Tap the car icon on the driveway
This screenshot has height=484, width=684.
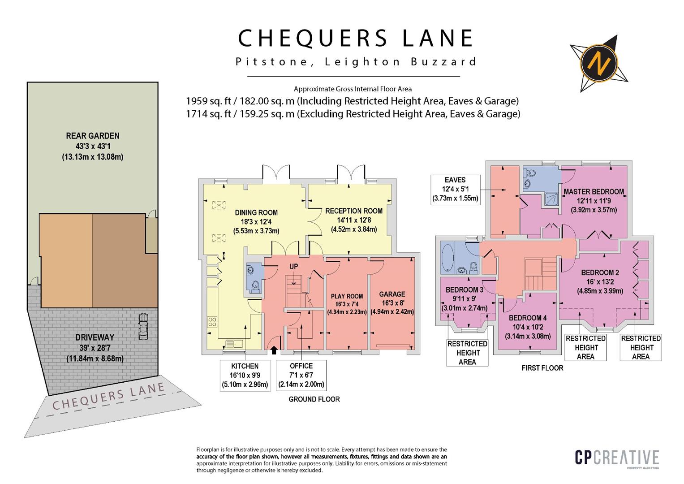coord(143,326)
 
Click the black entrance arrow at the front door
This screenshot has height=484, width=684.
coord(274,350)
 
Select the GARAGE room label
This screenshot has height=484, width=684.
coord(392,294)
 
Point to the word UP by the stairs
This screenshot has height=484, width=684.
coord(293,267)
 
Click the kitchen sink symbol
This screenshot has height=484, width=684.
coord(234,344)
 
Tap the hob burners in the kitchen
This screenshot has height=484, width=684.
coord(212,321)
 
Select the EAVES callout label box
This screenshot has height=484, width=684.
coord(455,189)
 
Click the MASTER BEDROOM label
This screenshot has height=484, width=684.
coord(594,192)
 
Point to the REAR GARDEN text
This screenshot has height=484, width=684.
coord(93,136)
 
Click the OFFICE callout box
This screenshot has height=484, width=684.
coord(301,375)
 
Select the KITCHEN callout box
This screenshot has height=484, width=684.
coord(245,376)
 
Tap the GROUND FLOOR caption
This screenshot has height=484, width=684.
coord(314,399)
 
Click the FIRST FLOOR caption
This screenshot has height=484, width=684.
coord(542,368)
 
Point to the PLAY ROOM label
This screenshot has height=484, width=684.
coord(347,296)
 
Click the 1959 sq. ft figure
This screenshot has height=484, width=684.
coord(208,101)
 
